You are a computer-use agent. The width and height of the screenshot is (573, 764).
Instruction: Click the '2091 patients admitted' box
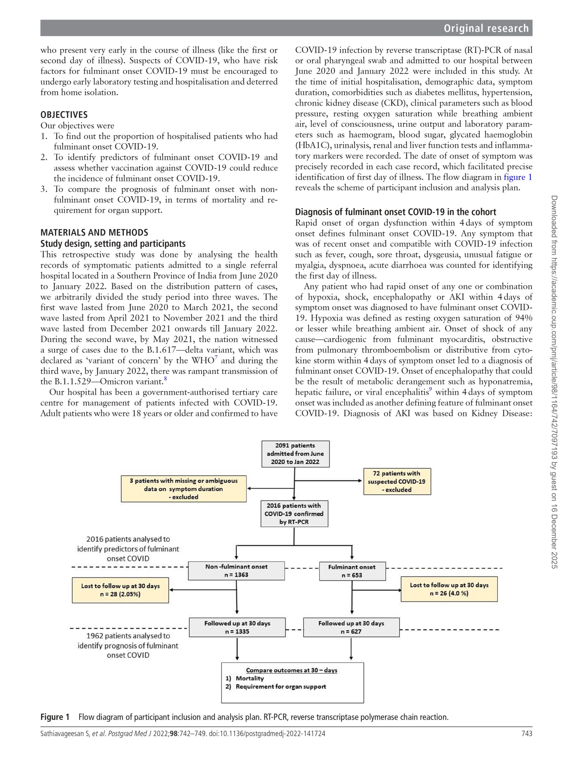tap(295, 454)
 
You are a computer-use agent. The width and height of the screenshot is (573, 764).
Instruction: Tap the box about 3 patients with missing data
tap(184, 489)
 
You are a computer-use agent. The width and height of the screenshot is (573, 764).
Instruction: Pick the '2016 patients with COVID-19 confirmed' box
tap(294, 514)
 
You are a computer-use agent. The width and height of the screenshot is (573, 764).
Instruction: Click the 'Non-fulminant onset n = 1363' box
tap(236, 571)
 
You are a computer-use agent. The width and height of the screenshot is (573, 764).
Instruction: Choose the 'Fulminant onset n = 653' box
tap(352, 571)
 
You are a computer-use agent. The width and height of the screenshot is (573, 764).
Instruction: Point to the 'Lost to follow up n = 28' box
tap(120, 590)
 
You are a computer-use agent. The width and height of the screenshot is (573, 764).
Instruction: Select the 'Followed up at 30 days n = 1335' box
tap(237, 627)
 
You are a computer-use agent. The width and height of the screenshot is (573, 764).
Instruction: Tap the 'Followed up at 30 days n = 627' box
tap(351, 627)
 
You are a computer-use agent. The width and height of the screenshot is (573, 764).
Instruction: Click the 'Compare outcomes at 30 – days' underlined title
tap(292, 670)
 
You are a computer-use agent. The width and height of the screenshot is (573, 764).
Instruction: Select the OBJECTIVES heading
tap(64, 115)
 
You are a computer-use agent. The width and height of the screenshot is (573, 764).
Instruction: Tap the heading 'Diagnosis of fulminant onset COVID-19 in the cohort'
tap(395, 212)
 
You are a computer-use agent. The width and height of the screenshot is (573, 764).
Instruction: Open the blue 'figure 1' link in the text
tap(518, 178)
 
